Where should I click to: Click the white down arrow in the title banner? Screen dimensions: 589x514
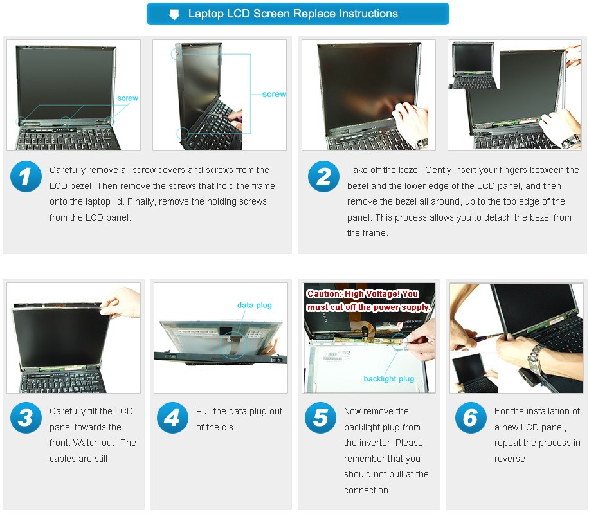coord(174,15)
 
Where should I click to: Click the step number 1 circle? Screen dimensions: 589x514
coord(26,177)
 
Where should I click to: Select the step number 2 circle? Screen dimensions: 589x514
coord(324,177)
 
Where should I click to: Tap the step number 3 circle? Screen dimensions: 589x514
coord(26,418)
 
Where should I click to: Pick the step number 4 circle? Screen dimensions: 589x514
coord(172,418)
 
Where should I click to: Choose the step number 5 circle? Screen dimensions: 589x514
coord(320,418)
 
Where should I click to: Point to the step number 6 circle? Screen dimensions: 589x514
coord(471,418)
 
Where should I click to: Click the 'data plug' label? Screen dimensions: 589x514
coord(254,306)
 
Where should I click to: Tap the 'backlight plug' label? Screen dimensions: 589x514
coord(389,379)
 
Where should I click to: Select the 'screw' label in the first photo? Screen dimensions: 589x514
coord(128,98)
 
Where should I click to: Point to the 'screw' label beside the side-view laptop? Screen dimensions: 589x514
coord(274,95)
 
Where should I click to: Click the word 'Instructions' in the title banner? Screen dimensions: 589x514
coord(368,14)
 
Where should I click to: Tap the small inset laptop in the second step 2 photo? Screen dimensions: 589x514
coord(474,66)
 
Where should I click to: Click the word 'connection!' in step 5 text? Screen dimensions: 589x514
coord(367,490)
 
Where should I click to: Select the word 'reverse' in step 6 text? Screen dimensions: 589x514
coord(510,459)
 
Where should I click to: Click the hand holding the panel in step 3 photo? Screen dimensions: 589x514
coord(120,302)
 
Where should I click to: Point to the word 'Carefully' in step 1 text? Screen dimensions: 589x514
coord(68,170)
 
